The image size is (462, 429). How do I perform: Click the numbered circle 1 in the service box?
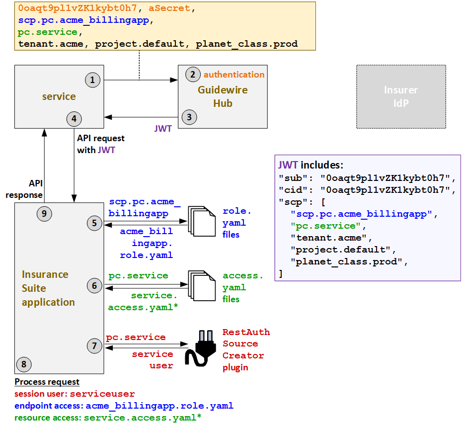point(92,80)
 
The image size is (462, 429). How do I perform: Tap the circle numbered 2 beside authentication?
point(192,75)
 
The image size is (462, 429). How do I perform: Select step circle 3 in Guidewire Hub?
point(189,117)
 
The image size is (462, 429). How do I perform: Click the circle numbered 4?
point(74,119)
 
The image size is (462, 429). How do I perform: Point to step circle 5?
point(94,223)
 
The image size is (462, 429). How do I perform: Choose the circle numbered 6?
point(94,285)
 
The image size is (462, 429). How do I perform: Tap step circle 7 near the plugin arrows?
point(94,346)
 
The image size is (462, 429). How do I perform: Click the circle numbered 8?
point(23,364)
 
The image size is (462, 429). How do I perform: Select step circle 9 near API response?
point(45,214)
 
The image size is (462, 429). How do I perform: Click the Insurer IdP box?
point(400,96)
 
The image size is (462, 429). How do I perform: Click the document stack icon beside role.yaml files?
point(201,222)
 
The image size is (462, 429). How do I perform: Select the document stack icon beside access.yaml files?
point(201,286)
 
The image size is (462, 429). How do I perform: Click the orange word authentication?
point(234,75)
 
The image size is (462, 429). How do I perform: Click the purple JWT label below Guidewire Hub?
point(163,129)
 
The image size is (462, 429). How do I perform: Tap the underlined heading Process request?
point(47,382)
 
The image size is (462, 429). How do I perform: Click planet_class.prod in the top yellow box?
point(246,44)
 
